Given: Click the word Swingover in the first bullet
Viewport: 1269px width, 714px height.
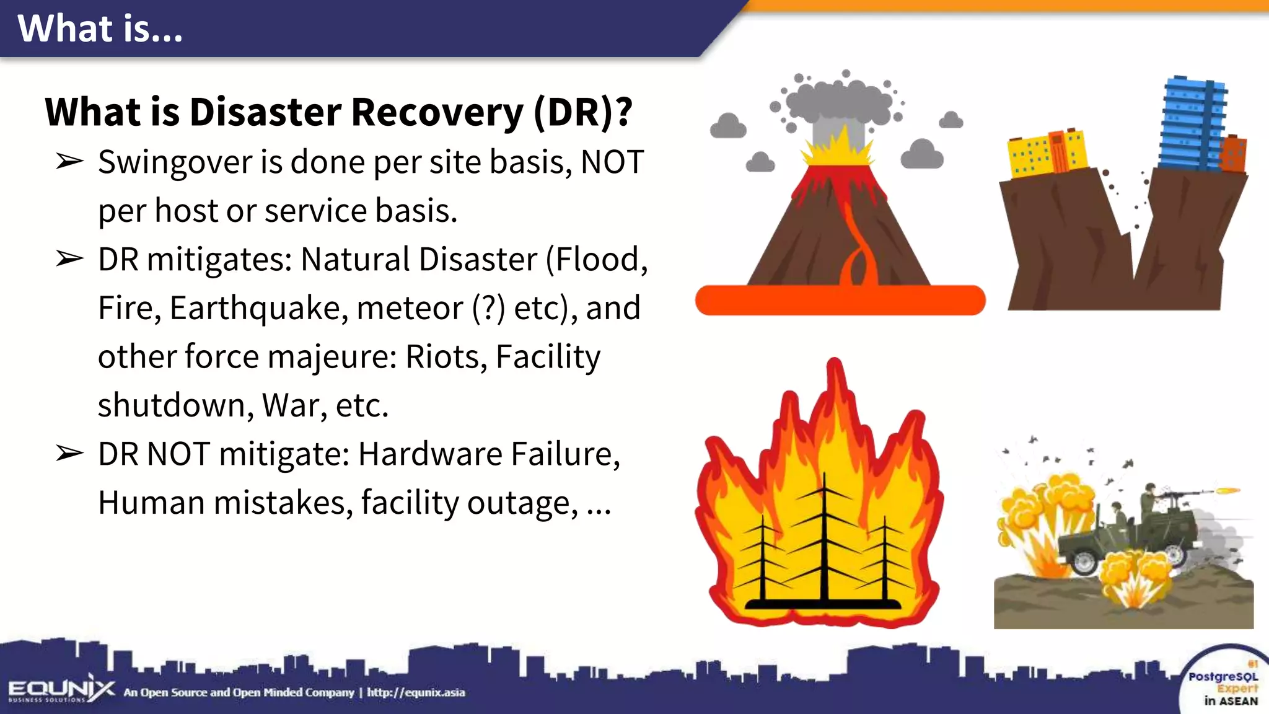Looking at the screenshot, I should pos(174,163).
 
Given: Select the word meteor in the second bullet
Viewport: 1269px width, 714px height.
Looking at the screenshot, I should pos(410,308).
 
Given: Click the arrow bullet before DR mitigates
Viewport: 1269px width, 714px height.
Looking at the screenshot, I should pos(69,259).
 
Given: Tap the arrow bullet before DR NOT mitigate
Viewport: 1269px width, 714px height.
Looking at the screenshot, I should pos(69,454).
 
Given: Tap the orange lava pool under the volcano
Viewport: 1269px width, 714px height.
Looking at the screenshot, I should pos(840,301).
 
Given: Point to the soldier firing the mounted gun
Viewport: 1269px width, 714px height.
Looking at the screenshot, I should pos(1150,498).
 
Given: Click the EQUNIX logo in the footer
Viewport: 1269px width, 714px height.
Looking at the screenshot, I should pos(61,690).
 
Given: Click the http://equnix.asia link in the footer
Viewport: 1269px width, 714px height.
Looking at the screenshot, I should pos(416,692).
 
